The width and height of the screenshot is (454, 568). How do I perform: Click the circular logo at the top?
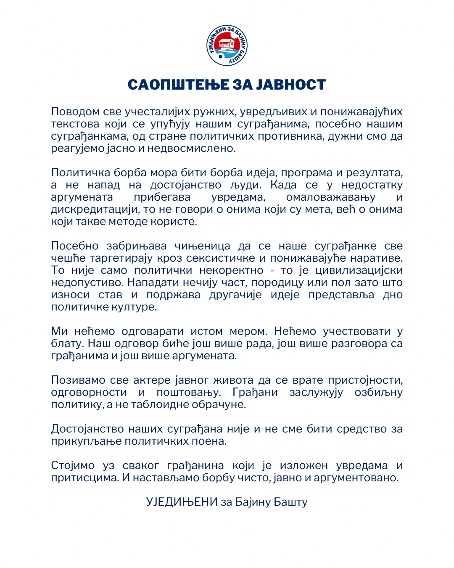click(227, 45)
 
